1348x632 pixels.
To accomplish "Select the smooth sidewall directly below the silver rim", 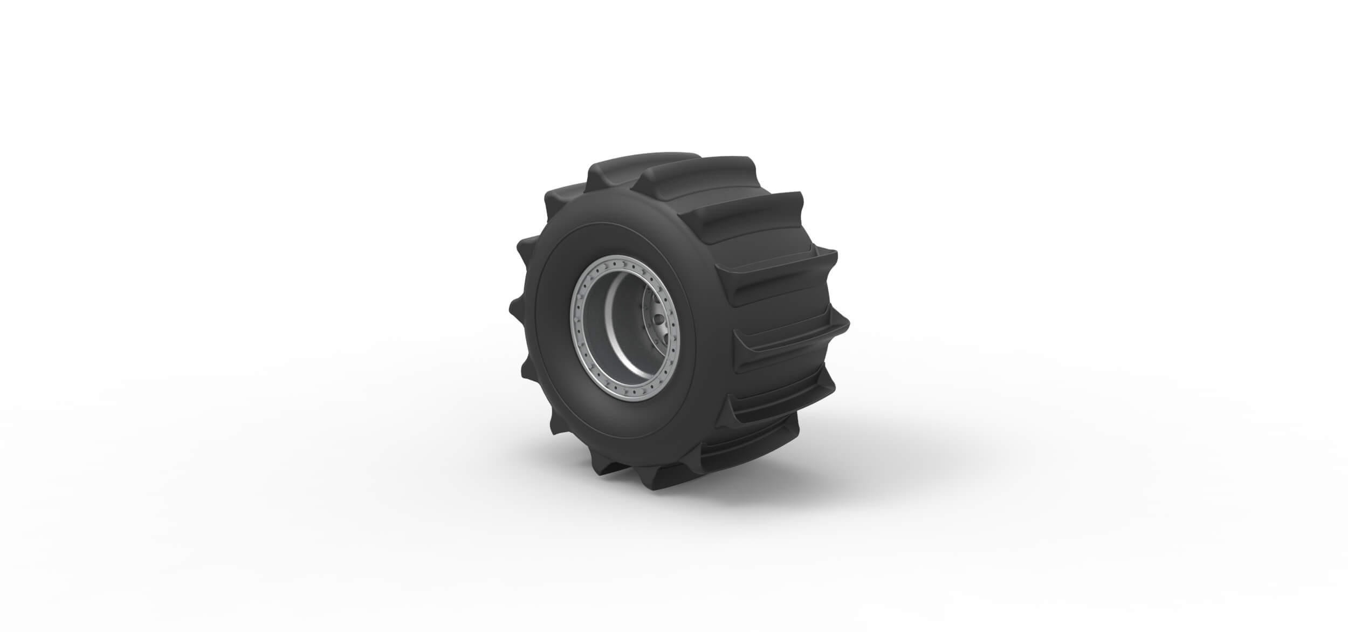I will tap(620, 453).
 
